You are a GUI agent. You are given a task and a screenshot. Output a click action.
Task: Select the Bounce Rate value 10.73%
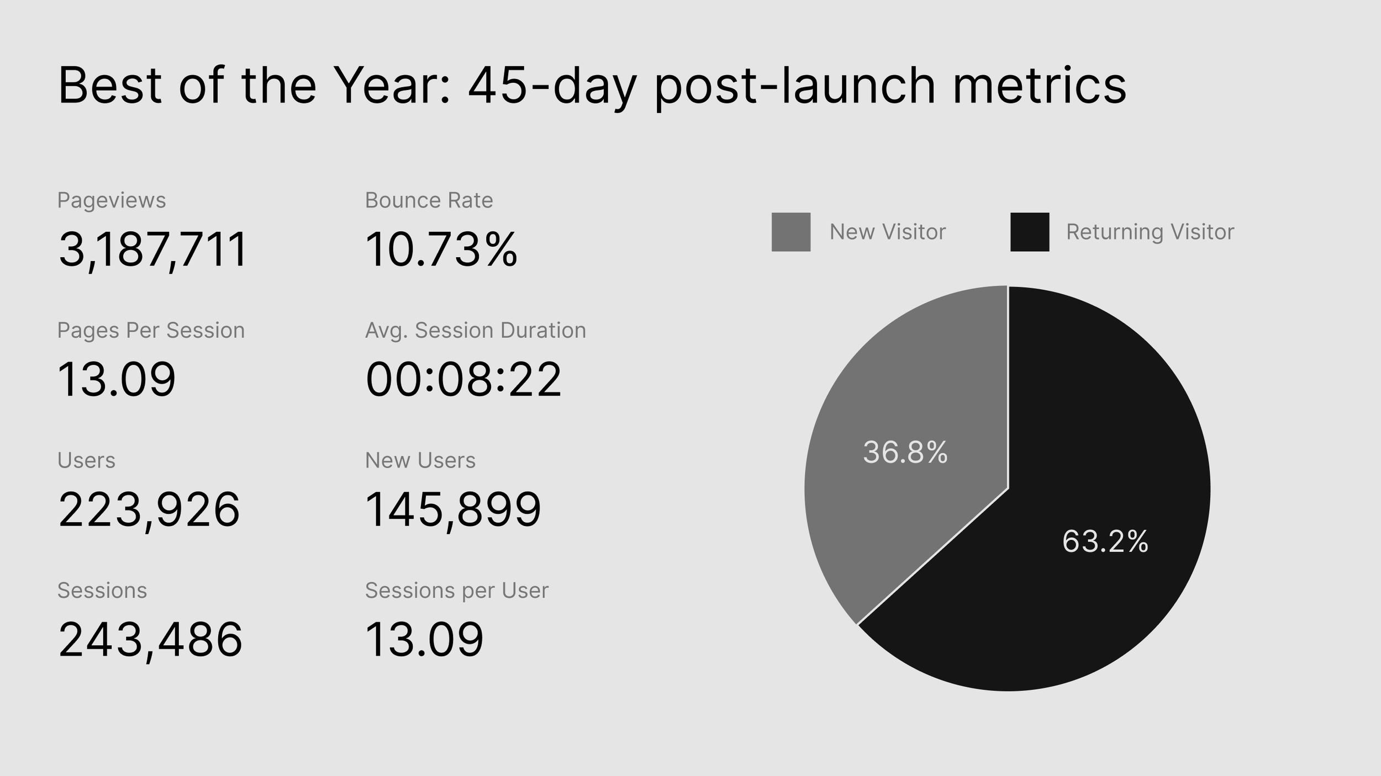[441, 249]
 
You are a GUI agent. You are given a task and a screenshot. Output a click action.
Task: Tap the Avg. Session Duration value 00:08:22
[463, 380]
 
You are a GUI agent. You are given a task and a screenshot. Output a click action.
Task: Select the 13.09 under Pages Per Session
[117, 380]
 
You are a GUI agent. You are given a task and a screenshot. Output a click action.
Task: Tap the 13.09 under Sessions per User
[424, 640]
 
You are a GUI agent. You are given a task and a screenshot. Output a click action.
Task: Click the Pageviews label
[112, 201]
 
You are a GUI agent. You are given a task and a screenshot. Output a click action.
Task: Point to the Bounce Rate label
[429, 200]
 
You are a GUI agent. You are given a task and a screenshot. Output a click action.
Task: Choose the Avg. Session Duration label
[476, 331]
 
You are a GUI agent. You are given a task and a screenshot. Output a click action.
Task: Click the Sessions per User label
[457, 591]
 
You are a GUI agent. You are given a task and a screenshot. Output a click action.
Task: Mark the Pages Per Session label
[151, 331]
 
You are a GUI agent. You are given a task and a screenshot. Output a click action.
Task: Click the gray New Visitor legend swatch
[791, 232]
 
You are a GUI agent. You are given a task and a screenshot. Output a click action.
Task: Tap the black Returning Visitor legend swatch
[1030, 232]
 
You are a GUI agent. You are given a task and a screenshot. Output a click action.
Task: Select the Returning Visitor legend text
[1150, 232]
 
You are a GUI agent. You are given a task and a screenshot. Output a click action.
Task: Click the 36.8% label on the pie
[905, 453]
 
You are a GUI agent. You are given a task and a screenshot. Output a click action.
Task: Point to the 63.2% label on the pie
[1105, 541]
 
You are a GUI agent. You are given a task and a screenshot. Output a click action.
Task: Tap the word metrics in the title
[1039, 86]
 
